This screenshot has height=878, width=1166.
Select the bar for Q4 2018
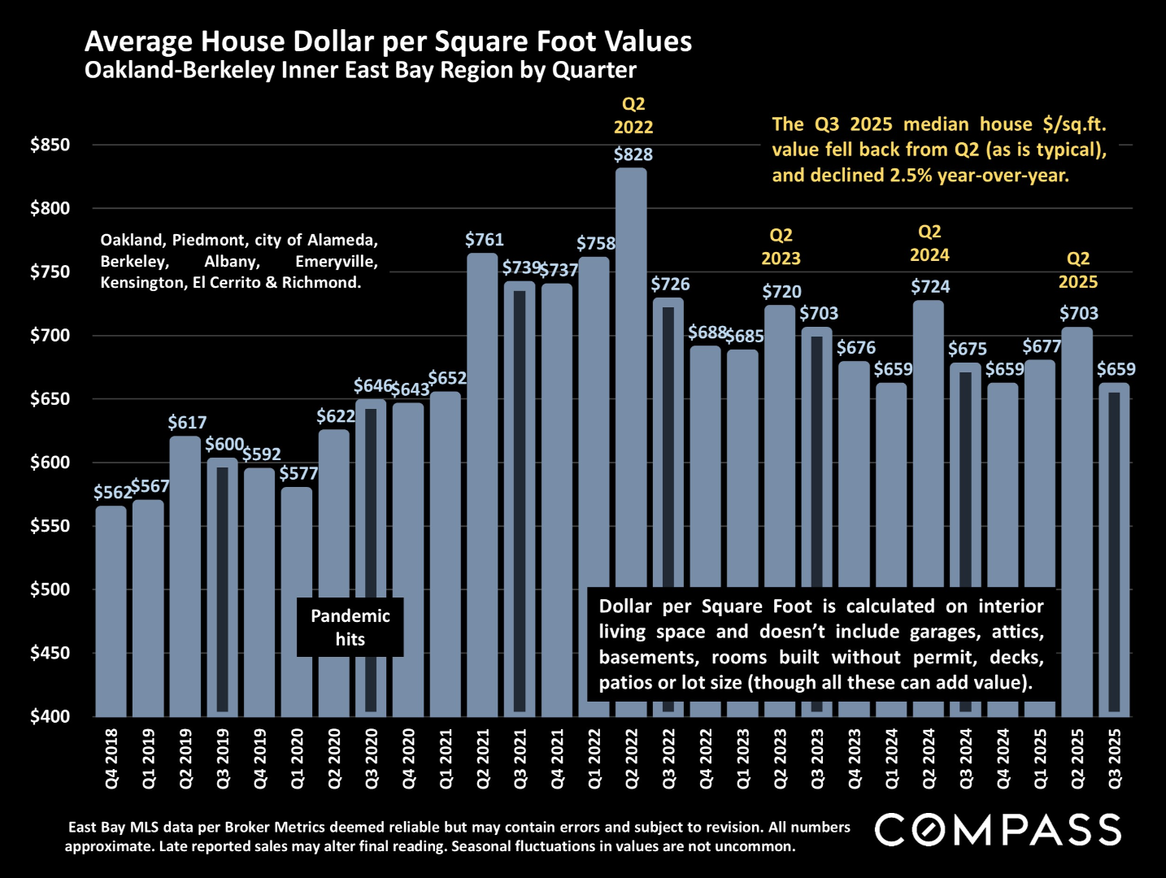[111, 610]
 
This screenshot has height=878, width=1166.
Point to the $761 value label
[485, 240]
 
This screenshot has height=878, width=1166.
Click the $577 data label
[298, 473]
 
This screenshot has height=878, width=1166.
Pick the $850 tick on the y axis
[50, 146]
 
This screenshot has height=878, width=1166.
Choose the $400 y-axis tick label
[50, 716]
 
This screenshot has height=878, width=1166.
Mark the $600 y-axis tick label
[50, 463]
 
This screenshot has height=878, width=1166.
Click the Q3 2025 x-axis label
[1115, 758]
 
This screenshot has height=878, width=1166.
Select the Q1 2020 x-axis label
[298, 758]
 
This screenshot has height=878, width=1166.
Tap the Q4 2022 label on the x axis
[706, 758]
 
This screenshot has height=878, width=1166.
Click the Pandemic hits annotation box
[350, 628]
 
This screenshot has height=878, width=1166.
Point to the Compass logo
[998, 830]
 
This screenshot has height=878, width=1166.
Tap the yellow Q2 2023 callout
[781, 247]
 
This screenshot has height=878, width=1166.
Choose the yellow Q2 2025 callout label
[1078, 271]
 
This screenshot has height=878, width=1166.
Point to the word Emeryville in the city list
[337, 262]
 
